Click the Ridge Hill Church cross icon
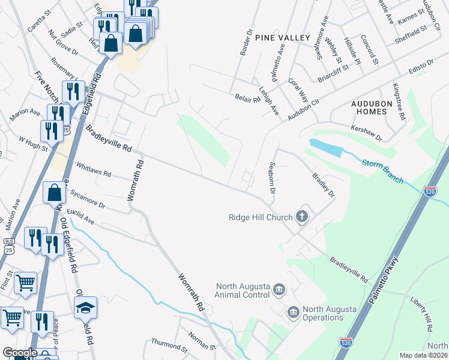[302, 217]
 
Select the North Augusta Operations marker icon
[293, 311]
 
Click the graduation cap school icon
[85, 308]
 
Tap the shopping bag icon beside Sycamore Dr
[55, 193]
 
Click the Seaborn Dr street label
[272, 178]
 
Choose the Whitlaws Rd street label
[91, 170]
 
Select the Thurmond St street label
[169, 346]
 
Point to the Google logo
[20, 353]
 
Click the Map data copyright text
[423, 355]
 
